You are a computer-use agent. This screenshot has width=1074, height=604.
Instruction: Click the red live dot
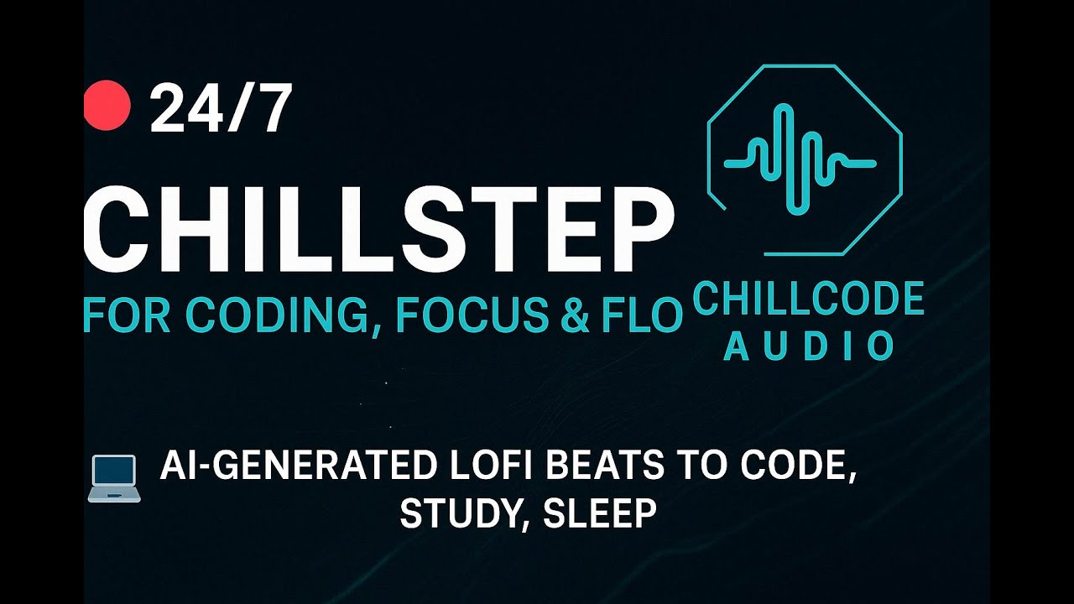[x=107, y=107]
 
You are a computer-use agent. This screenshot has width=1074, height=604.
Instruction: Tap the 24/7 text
[x=221, y=110]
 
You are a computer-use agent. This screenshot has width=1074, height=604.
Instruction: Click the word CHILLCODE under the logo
[x=809, y=299]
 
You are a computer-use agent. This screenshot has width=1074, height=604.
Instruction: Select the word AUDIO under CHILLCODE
[x=809, y=346]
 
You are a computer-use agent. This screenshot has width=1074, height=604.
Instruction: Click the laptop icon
[x=113, y=479]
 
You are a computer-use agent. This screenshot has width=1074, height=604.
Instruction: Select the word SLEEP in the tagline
[x=599, y=514]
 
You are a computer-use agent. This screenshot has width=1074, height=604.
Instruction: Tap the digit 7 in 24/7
[x=271, y=110]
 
